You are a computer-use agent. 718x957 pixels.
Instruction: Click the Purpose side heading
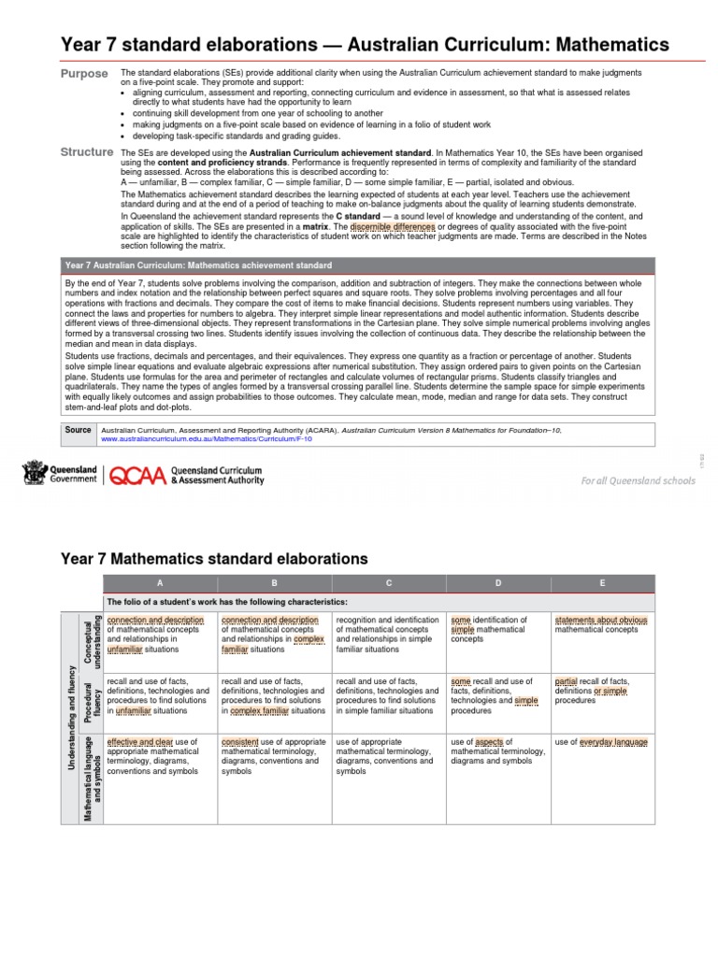tap(84, 74)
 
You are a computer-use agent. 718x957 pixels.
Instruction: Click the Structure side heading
tap(86, 151)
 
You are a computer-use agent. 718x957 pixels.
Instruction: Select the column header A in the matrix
tap(160, 582)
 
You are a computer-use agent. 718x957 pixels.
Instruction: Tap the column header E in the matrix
tap(602, 582)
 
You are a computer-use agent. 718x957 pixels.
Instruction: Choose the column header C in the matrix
tap(388, 582)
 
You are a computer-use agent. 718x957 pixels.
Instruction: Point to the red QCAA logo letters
tap(139, 476)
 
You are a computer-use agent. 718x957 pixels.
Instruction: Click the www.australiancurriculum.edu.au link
tap(206, 438)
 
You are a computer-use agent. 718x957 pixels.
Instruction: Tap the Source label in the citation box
tap(79, 430)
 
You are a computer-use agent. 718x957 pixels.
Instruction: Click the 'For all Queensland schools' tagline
tap(638, 481)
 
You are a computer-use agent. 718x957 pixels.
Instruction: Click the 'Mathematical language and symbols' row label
tap(86, 769)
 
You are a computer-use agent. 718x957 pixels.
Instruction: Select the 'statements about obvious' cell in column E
tap(601, 624)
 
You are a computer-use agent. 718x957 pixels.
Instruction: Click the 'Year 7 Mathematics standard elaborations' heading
tap(214, 559)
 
